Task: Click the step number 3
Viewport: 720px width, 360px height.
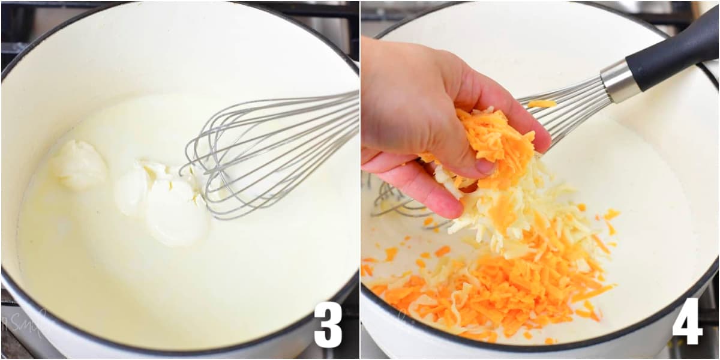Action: pos(328,325)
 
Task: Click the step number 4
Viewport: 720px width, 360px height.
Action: pos(687,322)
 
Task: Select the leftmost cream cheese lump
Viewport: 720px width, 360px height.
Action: pos(79,165)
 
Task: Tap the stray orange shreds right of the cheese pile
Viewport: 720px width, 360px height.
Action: pos(609,219)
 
